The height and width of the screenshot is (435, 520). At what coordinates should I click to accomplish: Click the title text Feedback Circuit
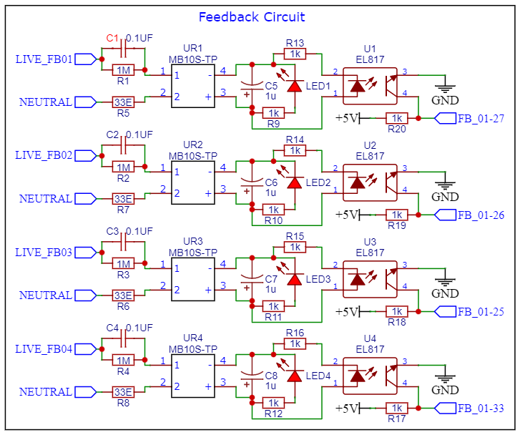click(x=251, y=17)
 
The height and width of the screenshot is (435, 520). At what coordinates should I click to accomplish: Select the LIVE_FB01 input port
click(x=85, y=59)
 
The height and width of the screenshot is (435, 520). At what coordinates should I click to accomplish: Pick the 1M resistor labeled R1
click(x=123, y=70)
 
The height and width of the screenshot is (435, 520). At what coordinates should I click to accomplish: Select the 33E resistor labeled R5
click(x=123, y=102)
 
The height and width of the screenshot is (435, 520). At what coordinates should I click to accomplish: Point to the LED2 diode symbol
click(x=293, y=182)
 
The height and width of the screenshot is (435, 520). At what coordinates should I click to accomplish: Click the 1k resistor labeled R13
click(x=294, y=54)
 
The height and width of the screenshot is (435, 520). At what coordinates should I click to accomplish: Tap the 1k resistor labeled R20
click(x=396, y=118)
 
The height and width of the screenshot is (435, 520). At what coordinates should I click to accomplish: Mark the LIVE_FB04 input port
click(x=85, y=349)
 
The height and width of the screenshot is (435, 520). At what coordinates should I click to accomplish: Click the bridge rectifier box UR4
click(x=193, y=376)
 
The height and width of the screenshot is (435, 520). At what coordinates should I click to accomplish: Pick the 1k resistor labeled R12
click(x=273, y=402)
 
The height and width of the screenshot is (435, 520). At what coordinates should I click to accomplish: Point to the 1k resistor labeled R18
click(x=396, y=311)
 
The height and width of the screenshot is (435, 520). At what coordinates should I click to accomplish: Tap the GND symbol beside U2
click(x=445, y=186)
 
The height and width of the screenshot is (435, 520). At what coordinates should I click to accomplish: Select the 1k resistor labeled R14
click(x=294, y=150)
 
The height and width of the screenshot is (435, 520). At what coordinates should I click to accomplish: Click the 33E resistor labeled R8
click(x=123, y=392)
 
